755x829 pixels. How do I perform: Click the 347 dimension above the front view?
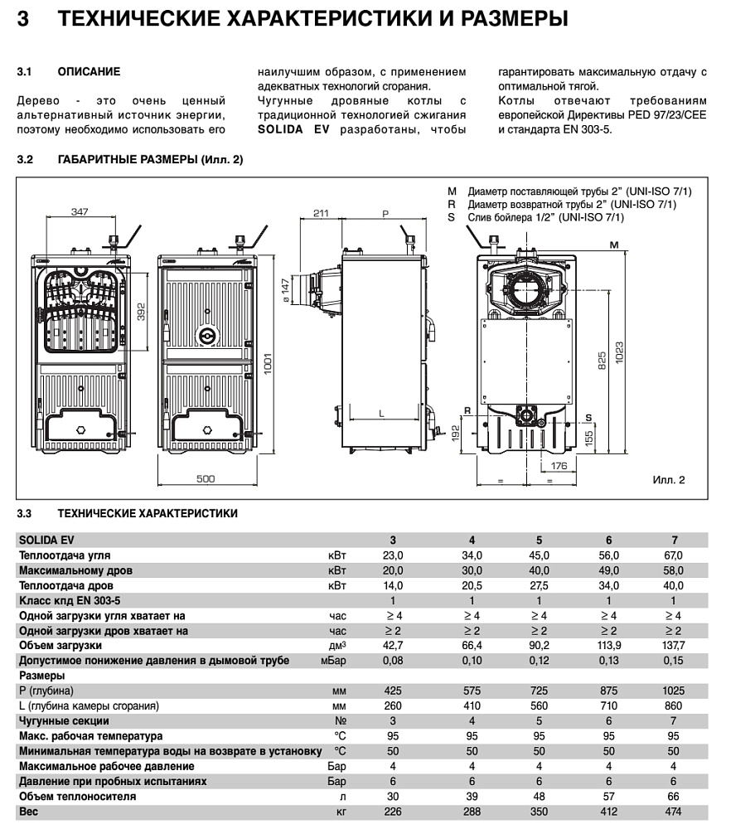(x=79, y=213)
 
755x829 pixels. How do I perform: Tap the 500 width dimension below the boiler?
(x=206, y=478)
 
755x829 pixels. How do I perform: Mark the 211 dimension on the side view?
(x=322, y=213)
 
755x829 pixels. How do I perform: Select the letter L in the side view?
(x=380, y=411)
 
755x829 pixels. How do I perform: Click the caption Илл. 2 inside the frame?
(x=669, y=479)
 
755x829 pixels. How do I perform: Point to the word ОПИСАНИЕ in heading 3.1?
(x=89, y=72)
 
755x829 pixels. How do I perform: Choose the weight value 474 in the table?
(x=674, y=812)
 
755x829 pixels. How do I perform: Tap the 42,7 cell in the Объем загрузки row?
(x=393, y=644)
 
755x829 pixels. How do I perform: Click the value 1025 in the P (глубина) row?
(x=674, y=691)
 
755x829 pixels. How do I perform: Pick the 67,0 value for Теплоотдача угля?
(x=674, y=555)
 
